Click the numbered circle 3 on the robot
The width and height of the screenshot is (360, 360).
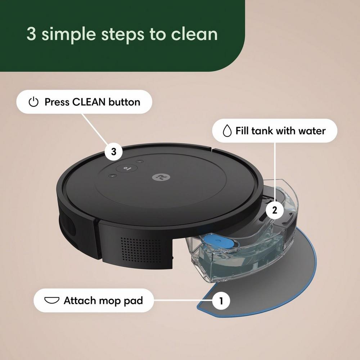point(114,152)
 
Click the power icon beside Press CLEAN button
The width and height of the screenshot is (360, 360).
point(33,102)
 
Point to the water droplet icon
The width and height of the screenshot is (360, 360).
point(227,131)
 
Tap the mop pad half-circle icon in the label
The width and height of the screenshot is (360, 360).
point(51,300)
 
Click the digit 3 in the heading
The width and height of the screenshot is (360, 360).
point(31,34)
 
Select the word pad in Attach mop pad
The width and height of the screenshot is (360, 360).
point(133,300)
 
